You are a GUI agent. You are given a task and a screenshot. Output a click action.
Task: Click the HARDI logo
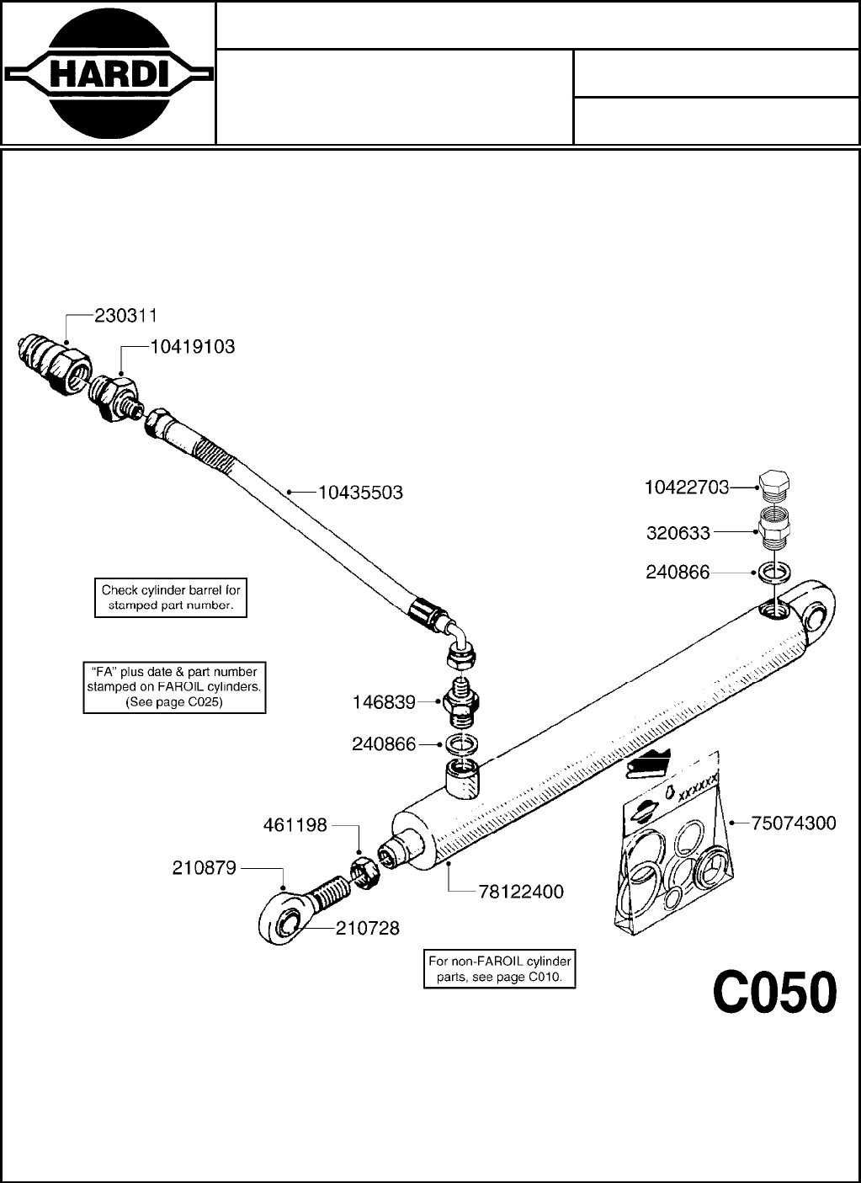click(108, 73)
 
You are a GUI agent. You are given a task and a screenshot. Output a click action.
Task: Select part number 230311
click(126, 316)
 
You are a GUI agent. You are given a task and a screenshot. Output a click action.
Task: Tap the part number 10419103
click(193, 346)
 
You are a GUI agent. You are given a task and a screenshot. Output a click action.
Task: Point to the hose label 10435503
click(360, 493)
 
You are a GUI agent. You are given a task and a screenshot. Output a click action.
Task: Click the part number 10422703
click(687, 488)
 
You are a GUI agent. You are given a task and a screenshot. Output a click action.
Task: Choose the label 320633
click(678, 533)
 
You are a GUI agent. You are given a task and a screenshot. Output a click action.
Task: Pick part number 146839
click(384, 701)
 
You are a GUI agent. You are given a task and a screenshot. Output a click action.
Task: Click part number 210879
click(205, 867)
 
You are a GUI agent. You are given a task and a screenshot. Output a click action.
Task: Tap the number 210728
click(368, 929)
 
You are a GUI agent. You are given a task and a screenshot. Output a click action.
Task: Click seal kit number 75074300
click(794, 823)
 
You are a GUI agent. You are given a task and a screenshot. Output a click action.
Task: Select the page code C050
click(775, 993)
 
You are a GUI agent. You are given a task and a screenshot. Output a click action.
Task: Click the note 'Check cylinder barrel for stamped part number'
click(171, 598)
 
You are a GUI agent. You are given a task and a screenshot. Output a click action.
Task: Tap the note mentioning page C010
click(500, 969)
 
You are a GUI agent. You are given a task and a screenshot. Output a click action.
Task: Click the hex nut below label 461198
click(366, 872)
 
